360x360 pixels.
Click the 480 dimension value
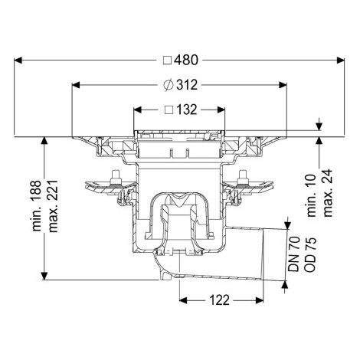[x=186, y=60]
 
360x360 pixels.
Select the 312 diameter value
[x=187, y=85]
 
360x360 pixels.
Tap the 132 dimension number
[x=186, y=110]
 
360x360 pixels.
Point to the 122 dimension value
[x=220, y=300]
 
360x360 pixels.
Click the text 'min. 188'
[x=37, y=206]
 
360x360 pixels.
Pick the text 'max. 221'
[x=53, y=206]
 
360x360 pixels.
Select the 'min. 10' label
[x=312, y=196]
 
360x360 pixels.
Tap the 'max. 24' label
[x=328, y=193]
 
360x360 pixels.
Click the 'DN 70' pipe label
[x=293, y=254]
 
